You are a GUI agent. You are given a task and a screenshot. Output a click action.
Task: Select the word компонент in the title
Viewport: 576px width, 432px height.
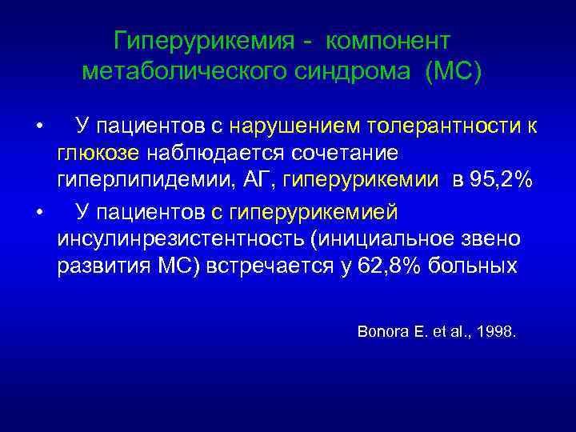coord(390,40)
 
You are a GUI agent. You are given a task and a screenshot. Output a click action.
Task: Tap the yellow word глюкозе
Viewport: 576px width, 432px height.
coord(98,153)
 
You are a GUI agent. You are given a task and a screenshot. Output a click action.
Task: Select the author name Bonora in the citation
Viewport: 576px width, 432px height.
coord(382,330)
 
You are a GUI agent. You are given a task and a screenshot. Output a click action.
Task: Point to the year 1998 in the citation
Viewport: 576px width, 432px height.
coord(495,330)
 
